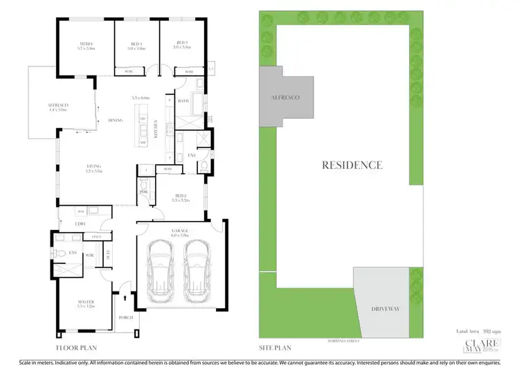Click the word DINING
(x=116, y=120)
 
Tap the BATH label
(x=183, y=101)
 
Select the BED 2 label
(x=180, y=197)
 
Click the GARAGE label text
(x=180, y=230)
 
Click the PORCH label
(x=126, y=319)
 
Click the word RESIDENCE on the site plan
(x=352, y=165)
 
